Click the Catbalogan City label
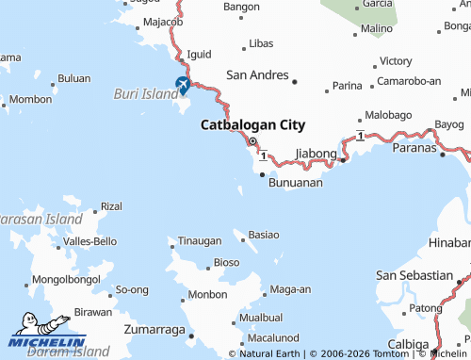click(x=252, y=124)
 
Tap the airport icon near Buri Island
click(x=183, y=85)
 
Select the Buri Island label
click(x=145, y=94)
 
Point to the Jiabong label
click(x=316, y=153)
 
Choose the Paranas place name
click(x=414, y=147)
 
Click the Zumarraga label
click(x=155, y=331)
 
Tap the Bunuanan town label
click(x=295, y=182)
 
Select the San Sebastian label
click(x=414, y=275)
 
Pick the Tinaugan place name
click(x=200, y=241)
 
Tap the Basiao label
click(x=264, y=233)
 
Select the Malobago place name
click(x=388, y=115)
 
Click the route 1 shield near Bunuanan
click(x=265, y=155)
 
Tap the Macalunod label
click(x=274, y=336)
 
